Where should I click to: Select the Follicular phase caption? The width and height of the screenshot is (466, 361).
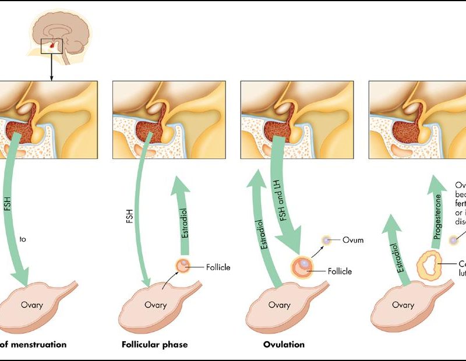pos(154,344)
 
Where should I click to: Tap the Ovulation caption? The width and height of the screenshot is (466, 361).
pos(284,344)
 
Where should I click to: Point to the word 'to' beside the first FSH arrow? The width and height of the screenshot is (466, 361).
pos(23,239)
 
